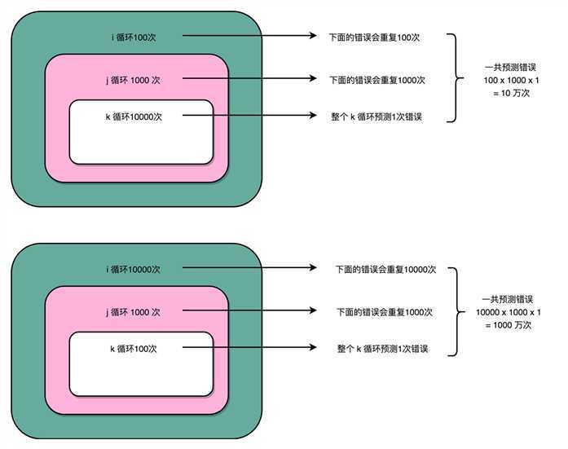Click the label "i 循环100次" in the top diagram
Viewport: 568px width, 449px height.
134,37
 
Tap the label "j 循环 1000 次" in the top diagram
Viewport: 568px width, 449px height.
134,79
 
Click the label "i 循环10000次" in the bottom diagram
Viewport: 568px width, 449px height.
134,269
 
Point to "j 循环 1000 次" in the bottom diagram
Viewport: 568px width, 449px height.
134,312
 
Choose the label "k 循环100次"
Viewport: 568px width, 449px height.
134,349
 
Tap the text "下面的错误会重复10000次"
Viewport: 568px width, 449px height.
387,269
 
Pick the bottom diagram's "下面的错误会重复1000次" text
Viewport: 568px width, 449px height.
384,312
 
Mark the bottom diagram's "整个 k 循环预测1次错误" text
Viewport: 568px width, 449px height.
383,349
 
